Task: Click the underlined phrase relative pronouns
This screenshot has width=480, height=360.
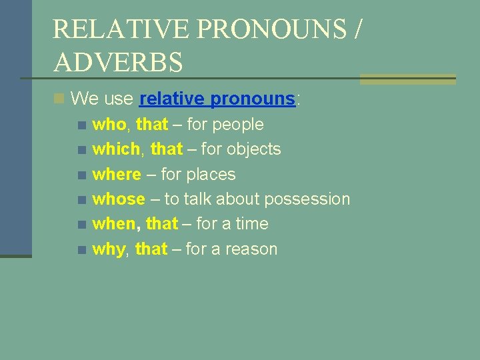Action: pos(217,99)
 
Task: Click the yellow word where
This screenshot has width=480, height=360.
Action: pos(117,175)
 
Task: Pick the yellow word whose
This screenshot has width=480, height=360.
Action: pos(119,199)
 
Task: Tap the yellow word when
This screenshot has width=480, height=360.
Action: pos(116,224)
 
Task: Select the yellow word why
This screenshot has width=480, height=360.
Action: pos(108,249)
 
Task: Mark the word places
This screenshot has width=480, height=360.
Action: pos(211,175)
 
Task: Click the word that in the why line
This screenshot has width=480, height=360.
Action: pos(151,249)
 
